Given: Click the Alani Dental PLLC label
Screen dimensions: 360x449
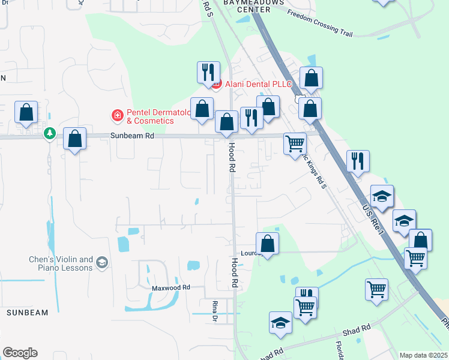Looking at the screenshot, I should (258, 84).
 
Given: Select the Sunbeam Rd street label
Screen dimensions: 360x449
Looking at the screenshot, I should (132, 136).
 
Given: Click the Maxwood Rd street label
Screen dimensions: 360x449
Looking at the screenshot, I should (170, 288).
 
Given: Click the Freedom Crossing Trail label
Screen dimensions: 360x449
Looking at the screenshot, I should (319, 23).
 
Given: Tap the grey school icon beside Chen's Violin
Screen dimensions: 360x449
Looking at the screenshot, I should (102, 262).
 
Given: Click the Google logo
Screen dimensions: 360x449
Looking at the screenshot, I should (20, 353).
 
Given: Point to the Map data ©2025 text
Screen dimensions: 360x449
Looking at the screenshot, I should (423, 355).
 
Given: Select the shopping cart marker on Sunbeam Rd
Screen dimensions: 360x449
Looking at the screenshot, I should (295, 143).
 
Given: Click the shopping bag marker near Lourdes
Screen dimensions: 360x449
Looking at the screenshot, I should (267, 243).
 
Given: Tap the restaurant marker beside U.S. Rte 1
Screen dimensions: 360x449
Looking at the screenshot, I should (358, 160).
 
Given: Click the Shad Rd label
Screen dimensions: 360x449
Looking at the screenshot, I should (357, 329).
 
